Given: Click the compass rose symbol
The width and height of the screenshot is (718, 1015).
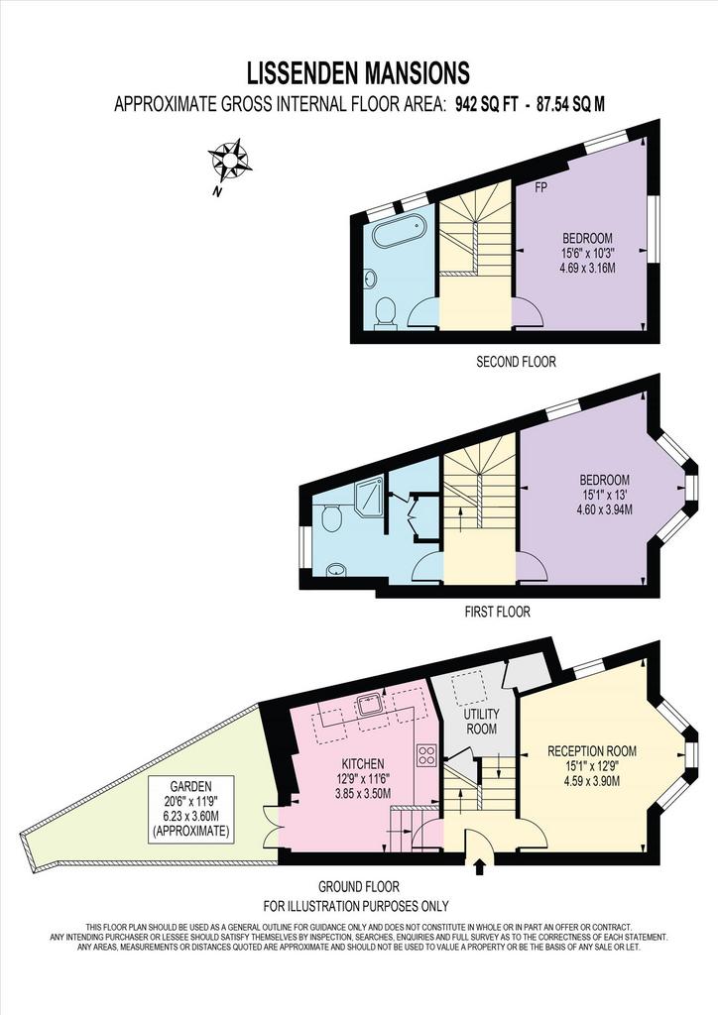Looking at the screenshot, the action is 229,160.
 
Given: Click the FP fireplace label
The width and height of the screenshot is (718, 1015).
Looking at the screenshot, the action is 540,187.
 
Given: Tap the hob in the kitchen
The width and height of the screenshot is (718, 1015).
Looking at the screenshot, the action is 427,754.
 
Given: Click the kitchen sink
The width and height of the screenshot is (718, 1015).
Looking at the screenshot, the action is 372,704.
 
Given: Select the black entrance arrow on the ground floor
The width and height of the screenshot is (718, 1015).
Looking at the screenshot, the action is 480,866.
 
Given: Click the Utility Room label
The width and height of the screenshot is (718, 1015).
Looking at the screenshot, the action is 482,722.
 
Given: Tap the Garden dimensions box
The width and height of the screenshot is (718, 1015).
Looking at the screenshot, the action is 191,809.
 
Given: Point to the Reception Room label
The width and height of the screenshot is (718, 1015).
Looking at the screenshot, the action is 592,751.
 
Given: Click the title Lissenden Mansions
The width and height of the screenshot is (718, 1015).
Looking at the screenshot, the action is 359,73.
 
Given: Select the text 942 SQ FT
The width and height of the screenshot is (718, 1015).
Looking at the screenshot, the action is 487,104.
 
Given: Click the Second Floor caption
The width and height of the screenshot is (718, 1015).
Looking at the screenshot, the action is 516,362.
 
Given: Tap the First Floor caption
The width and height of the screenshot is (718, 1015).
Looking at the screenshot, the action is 497,611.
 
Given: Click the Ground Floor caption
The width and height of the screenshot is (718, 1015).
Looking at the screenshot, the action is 359,886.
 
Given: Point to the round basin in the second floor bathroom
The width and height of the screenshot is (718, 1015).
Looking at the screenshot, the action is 371,279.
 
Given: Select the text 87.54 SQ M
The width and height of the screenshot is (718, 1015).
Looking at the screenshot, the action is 570,104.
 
